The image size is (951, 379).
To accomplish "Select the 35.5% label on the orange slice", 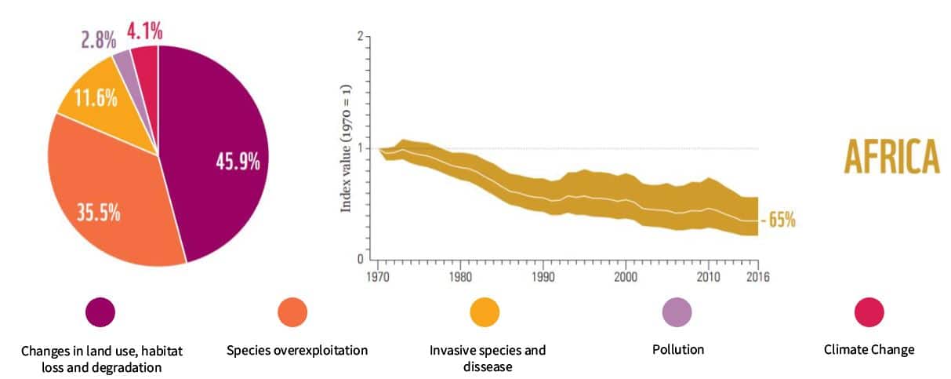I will click(98, 212).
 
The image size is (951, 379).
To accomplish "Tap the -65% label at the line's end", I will click(777, 220).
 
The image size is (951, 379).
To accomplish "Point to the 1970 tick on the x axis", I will click(378, 277).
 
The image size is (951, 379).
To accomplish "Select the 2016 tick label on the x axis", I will click(757, 277).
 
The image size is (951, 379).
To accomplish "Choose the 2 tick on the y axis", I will click(360, 37).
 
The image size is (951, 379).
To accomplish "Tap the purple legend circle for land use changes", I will click(100, 313).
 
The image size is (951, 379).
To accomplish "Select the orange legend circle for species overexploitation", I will click(292, 313).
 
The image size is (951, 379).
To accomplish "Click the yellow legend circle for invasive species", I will click(485, 313).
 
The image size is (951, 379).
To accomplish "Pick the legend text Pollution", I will click(677, 349).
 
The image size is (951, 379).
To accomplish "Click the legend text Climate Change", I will click(869, 349).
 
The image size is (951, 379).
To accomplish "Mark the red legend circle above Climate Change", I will click(869, 313).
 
